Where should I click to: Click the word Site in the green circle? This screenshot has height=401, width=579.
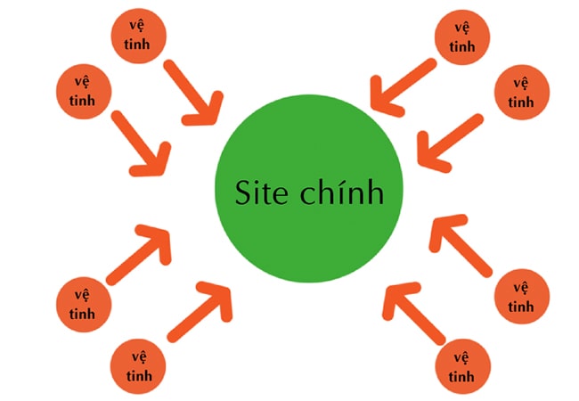point(264,192)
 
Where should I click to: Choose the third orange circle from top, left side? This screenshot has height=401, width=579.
point(82,304)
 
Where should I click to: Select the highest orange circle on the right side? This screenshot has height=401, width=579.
point(461,37)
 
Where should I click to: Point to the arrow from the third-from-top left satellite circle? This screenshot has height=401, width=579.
point(142,254)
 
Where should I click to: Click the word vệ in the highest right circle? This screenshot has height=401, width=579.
point(461,28)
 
